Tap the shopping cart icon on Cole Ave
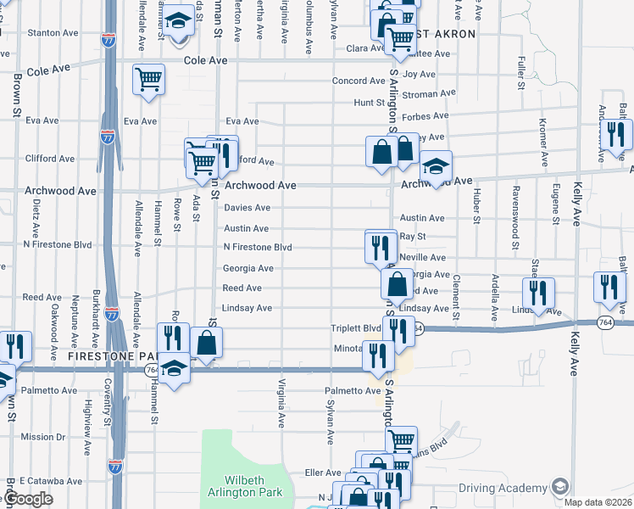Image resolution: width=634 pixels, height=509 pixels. coord(148,80)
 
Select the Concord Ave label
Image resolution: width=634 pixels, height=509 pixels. coord(359,81)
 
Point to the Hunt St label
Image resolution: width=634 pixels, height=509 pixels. coord(370,103)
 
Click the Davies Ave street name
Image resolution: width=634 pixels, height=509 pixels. coord(247,208)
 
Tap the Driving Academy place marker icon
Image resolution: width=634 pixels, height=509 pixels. coord(559,487)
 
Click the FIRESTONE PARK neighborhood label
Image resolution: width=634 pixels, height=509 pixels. coord(103,359)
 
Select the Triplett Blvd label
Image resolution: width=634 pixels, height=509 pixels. coord(356,328)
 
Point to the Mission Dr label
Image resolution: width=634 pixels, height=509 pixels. coord(38,437)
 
